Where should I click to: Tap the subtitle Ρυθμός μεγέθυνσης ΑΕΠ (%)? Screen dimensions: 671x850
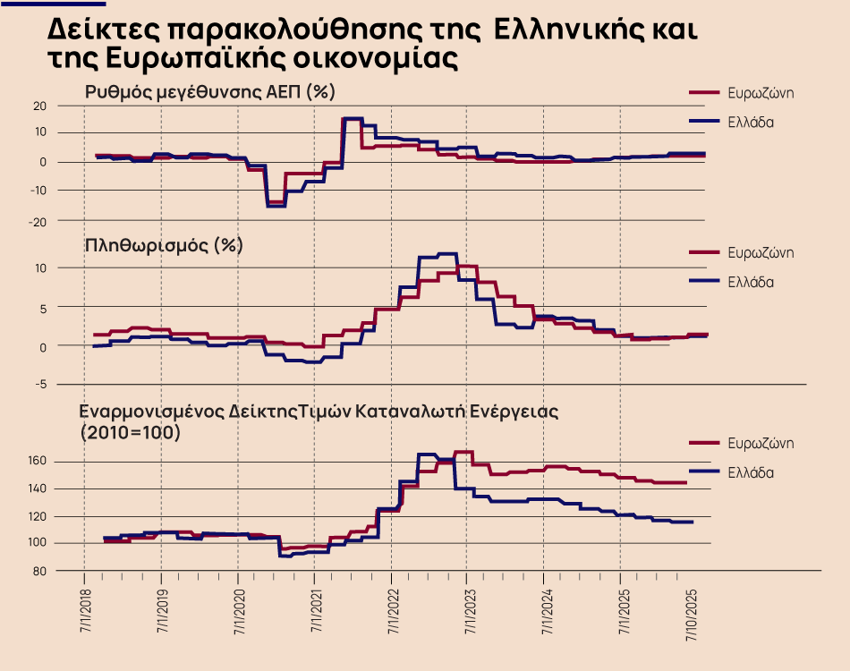209,92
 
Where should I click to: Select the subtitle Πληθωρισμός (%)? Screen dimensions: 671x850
163,245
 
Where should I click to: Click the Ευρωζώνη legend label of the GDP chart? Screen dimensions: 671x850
761,93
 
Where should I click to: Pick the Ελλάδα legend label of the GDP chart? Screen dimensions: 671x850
750,122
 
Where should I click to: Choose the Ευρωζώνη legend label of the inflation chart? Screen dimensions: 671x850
761,253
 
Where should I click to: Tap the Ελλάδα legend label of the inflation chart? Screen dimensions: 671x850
750,282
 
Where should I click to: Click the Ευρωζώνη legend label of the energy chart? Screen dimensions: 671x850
761,444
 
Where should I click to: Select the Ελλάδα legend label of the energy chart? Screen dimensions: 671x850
750,472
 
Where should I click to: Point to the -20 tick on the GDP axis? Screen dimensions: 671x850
38,221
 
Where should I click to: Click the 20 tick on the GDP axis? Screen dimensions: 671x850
39,106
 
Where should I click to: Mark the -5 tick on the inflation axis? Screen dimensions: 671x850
40,385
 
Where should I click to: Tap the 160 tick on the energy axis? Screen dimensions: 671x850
37,462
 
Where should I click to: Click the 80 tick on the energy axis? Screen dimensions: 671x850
39,571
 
